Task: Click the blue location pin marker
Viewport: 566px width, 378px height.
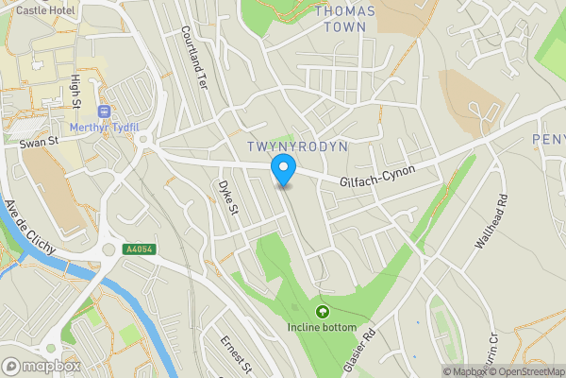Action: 283,170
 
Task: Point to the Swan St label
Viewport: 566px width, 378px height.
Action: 39,144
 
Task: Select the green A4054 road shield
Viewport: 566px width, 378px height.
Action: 139,249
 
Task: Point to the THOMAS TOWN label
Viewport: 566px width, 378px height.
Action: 344,19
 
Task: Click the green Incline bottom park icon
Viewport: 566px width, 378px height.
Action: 323,311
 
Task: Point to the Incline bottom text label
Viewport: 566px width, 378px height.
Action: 323,328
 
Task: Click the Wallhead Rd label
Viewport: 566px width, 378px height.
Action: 492,221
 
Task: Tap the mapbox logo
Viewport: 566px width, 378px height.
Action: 42,366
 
